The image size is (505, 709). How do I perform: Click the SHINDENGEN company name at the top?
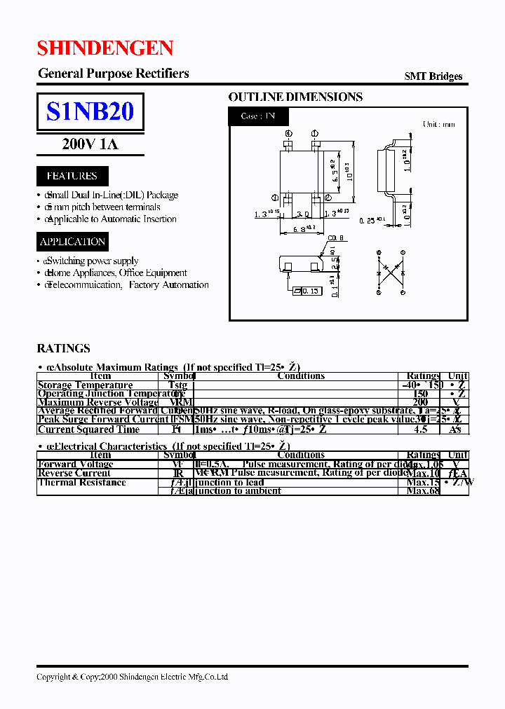(105, 48)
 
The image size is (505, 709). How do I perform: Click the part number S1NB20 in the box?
(90, 111)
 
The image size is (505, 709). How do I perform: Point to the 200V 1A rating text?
(90, 145)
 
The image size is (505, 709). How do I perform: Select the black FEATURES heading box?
(72, 176)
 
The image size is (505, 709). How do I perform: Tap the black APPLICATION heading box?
(72, 242)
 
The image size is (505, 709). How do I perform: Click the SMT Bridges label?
(433, 76)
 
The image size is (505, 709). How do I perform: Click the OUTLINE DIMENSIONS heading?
(295, 97)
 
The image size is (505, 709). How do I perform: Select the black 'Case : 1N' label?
(258, 116)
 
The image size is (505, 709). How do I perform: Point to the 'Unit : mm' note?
(438, 124)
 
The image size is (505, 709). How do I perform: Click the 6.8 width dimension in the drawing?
(302, 229)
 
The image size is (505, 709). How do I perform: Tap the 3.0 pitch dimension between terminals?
(302, 214)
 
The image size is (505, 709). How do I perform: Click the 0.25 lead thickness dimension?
(372, 221)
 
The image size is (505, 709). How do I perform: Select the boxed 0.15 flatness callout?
(307, 291)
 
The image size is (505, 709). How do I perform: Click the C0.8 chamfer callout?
(335, 238)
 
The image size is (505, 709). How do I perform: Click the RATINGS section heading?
(63, 348)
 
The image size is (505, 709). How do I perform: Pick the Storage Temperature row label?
(85, 385)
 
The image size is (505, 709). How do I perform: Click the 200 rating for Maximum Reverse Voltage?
(420, 403)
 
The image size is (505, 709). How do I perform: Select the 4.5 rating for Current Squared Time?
(420, 429)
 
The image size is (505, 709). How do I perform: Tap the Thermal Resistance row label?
(81, 482)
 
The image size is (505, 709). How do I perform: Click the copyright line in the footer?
(132, 677)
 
